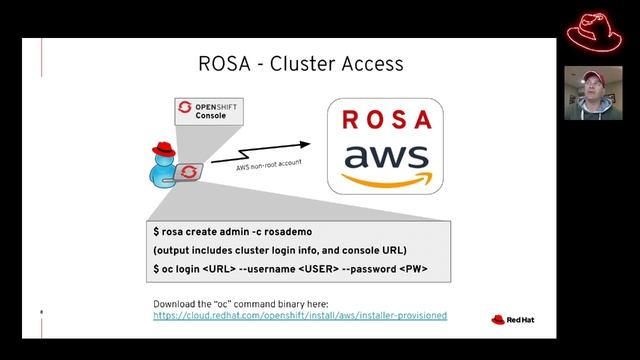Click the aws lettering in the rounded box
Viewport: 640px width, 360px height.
click(x=385, y=157)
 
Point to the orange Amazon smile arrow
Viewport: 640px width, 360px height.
click(x=386, y=180)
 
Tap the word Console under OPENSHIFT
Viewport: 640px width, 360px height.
click(x=211, y=115)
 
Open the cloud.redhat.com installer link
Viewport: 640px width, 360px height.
click(x=299, y=315)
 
